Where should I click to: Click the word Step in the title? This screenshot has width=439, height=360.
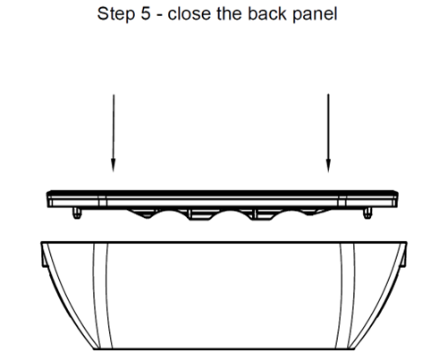click(115, 14)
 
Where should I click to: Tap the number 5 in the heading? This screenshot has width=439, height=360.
click(146, 13)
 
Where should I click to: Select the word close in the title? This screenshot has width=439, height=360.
click(190, 13)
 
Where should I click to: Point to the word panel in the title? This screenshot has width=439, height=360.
click(315, 14)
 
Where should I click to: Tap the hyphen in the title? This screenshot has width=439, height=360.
click(159, 15)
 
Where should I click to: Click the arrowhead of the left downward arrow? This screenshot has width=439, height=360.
click(113, 165)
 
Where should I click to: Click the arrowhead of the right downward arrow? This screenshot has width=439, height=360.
click(328, 165)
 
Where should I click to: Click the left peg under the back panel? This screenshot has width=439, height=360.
click(77, 213)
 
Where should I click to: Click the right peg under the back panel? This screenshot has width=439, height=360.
click(367, 213)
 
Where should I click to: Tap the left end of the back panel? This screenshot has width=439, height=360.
click(47, 199)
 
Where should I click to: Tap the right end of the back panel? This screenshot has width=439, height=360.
click(397, 199)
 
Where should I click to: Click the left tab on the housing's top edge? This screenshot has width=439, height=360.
click(44, 255)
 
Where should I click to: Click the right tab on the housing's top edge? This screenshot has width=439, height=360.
click(403, 255)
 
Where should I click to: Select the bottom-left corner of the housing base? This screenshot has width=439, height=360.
click(94, 348)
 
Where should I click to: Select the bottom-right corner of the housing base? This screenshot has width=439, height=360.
click(354, 348)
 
